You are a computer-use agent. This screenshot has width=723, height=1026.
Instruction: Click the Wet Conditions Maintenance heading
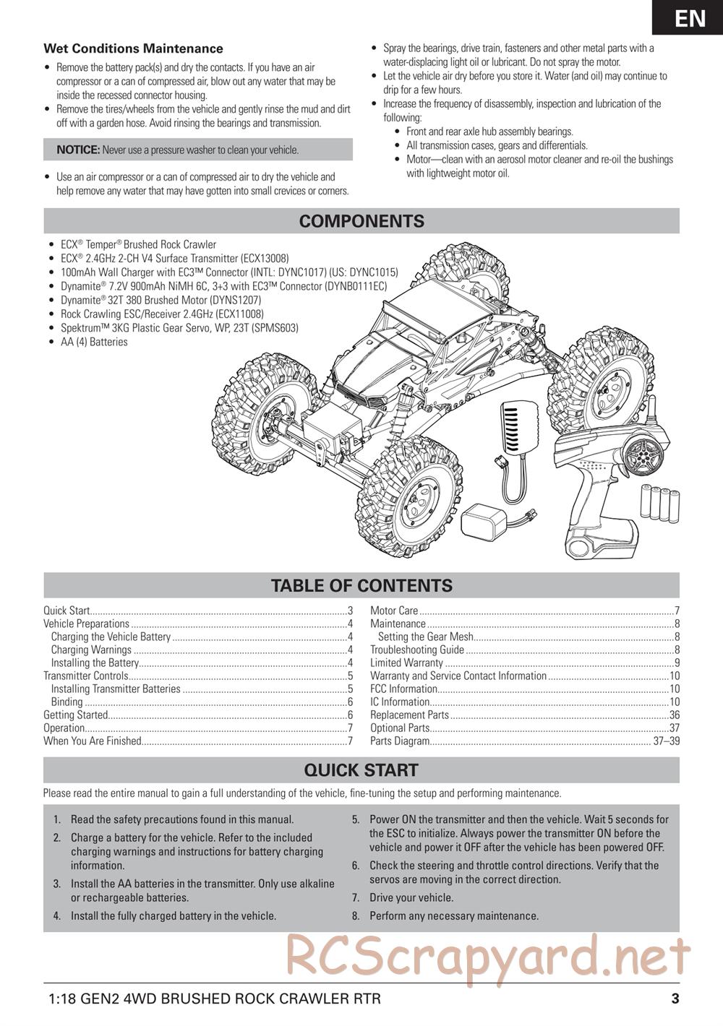133,49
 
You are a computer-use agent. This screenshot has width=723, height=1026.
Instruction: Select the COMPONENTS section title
361,221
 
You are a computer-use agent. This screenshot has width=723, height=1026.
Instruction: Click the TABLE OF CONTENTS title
361,585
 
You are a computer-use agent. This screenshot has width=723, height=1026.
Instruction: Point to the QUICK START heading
361,770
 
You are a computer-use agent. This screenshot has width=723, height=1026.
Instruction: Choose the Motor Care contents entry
394,611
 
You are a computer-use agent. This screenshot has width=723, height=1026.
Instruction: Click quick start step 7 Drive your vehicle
411,897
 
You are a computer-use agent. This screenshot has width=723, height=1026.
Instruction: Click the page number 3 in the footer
675,999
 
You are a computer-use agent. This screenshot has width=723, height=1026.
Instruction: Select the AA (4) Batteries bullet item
94,342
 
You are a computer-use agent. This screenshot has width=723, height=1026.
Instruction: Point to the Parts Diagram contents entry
400,741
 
